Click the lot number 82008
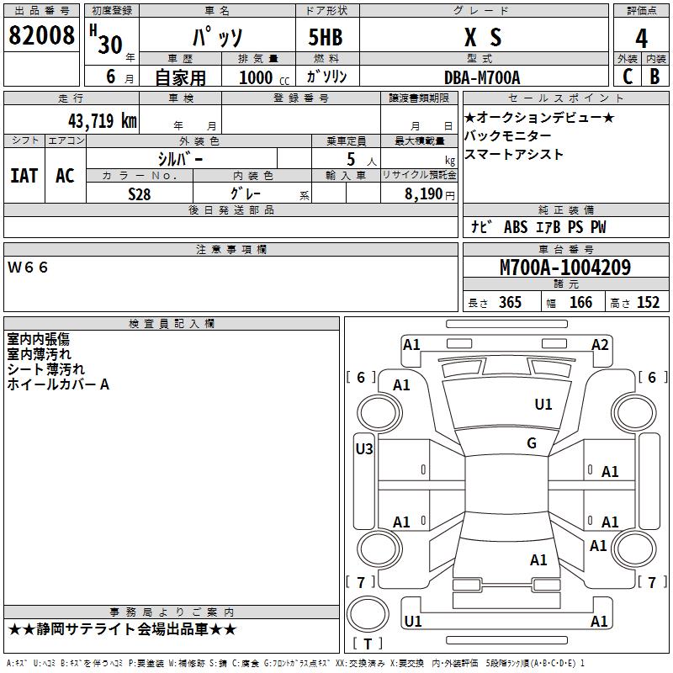41,36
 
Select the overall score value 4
641,39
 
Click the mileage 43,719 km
102,120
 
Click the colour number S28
140,193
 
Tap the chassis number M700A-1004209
564,268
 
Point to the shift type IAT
24,176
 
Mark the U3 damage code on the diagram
363,449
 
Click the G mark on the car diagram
532,443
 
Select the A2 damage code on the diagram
600,344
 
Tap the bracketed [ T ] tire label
367,644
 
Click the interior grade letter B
654,77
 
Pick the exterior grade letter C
628,77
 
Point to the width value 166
580,303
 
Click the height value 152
648,303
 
